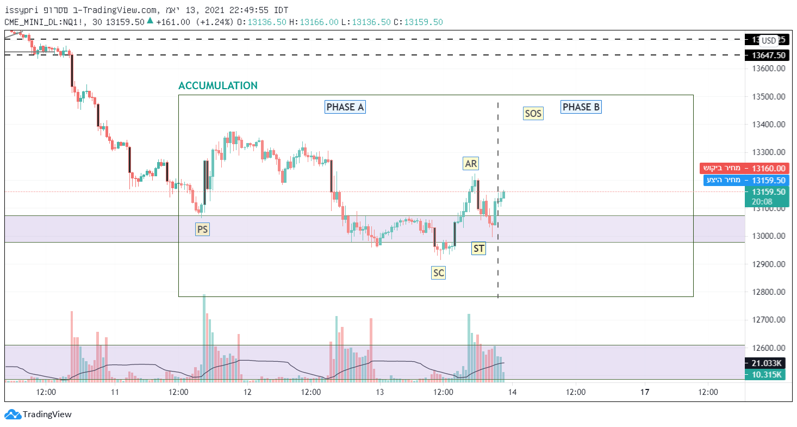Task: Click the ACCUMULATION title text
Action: click(x=218, y=86)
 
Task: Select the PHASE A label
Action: click(x=345, y=107)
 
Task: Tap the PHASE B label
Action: click(x=581, y=107)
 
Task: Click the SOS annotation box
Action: click(x=533, y=114)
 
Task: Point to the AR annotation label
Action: click(x=471, y=163)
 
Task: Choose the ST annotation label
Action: click(x=478, y=249)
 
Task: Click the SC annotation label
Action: click(x=438, y=273)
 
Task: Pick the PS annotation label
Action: click(x=202, y=230)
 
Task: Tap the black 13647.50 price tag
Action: click(x=768, y=55)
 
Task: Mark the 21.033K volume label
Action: click(x=767, y=363)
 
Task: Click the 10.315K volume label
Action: click(x=767, y=375)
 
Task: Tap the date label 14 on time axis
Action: click(x=512, y=392)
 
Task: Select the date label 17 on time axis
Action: click(x=644, y=392)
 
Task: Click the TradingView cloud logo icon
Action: click(x=13, y=414)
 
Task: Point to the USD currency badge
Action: click(x=769, y=40)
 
